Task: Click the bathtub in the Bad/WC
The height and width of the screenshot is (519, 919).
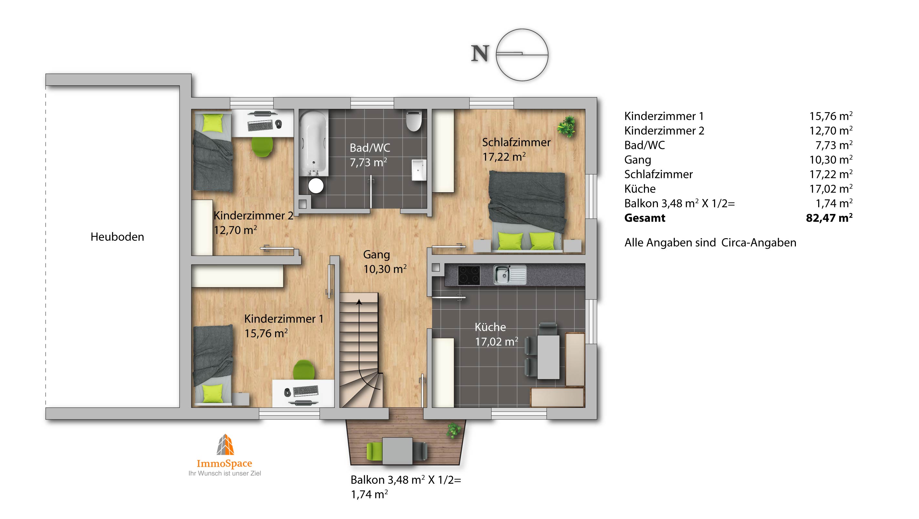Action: coord(313,143)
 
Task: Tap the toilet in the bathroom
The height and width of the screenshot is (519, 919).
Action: coord(414,121)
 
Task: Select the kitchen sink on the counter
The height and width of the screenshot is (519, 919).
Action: coord(510,275)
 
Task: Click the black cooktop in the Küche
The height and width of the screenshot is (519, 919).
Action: coord(469,275)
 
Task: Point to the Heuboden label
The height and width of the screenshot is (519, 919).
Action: coord(117,237)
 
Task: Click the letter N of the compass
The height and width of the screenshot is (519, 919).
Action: coord(480,54)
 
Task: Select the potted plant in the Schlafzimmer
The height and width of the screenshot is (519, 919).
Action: coord(566,126)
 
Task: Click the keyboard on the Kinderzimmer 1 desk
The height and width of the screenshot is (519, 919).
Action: coord(305,391)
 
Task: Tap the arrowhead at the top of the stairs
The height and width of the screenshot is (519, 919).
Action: coord(359,302)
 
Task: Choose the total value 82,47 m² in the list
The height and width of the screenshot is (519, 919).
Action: coord(829,217)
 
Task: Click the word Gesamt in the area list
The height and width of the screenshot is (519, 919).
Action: coord(645,218)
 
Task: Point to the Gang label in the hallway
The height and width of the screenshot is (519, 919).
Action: coord(376,255)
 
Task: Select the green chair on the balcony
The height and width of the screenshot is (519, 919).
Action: coord(375,451)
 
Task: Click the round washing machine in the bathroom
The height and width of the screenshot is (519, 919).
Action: coord(316,186)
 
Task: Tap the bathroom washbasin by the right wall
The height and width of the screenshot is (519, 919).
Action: coord(419,170)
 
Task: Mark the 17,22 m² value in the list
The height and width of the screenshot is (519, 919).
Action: coord(831,174)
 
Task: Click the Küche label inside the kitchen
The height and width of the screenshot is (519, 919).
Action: coord(490,327)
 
